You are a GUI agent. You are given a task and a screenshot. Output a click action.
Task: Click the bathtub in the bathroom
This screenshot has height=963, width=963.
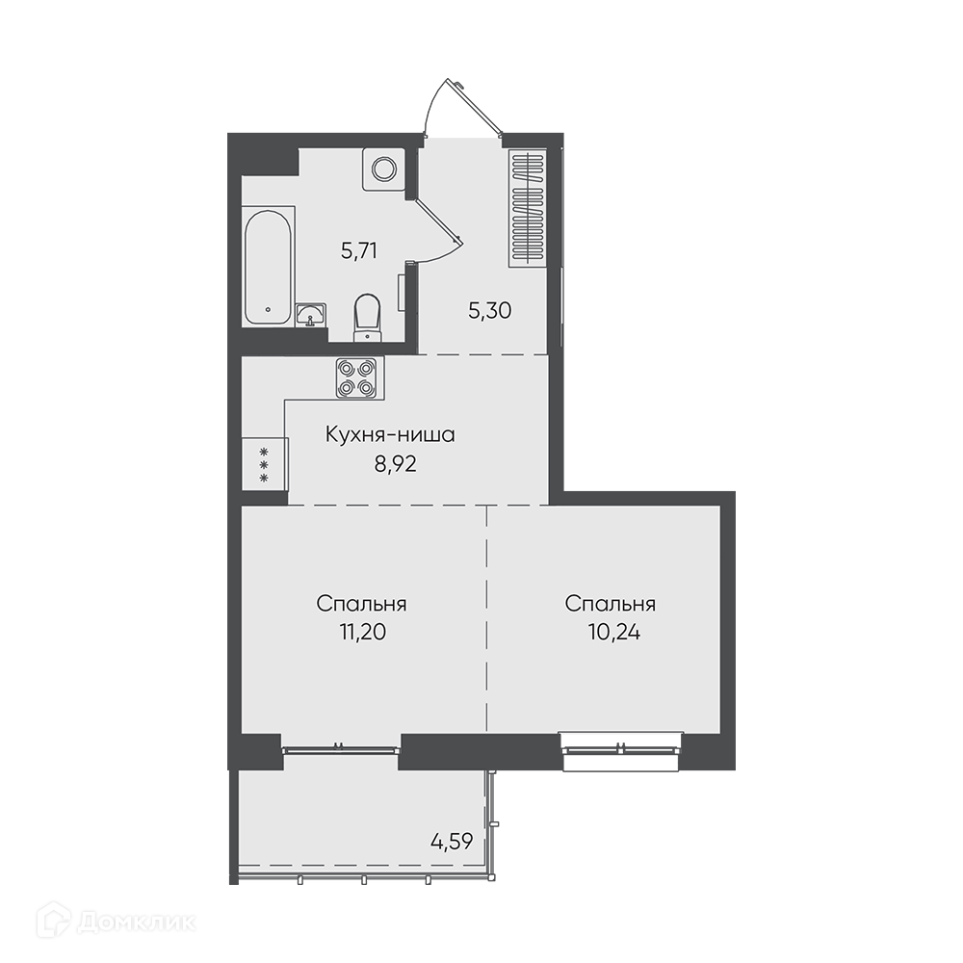(x=267, y=267)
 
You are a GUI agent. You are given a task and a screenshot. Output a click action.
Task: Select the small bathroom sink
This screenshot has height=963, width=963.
(x=311, y=316)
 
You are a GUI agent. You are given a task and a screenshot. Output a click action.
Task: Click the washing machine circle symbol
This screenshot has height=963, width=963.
(x=383, y=169)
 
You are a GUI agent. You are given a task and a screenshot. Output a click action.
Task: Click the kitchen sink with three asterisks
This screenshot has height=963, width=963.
(x=265, y=464)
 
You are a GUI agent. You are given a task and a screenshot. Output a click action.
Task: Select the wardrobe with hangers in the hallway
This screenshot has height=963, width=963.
(x=528, y=208)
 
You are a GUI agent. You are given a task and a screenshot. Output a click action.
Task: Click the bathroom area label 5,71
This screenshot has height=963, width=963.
(x=358, y=250)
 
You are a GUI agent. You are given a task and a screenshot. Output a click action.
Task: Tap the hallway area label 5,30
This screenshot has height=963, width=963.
(x=489, y=311)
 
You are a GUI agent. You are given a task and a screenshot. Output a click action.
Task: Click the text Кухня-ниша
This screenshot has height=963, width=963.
(x=390, y=435)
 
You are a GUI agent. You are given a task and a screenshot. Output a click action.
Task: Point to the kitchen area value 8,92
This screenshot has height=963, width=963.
(x=396, y=464)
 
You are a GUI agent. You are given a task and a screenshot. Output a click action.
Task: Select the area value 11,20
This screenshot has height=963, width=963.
(x=362, y=632)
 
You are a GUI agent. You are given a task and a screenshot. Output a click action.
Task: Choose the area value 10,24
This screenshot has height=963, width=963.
(x=614, y=632)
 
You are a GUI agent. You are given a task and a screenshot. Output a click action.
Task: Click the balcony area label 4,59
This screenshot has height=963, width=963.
(x=452, y=841)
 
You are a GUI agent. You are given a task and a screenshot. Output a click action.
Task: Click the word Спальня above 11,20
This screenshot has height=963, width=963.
(x=362, y=604)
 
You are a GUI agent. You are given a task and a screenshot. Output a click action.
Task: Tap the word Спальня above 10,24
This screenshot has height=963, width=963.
(x=611, y=604)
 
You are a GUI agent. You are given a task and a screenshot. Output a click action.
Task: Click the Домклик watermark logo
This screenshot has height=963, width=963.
(x=117, y=922)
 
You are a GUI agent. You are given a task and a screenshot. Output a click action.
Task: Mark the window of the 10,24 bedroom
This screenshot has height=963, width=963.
(x=621, y=750)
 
